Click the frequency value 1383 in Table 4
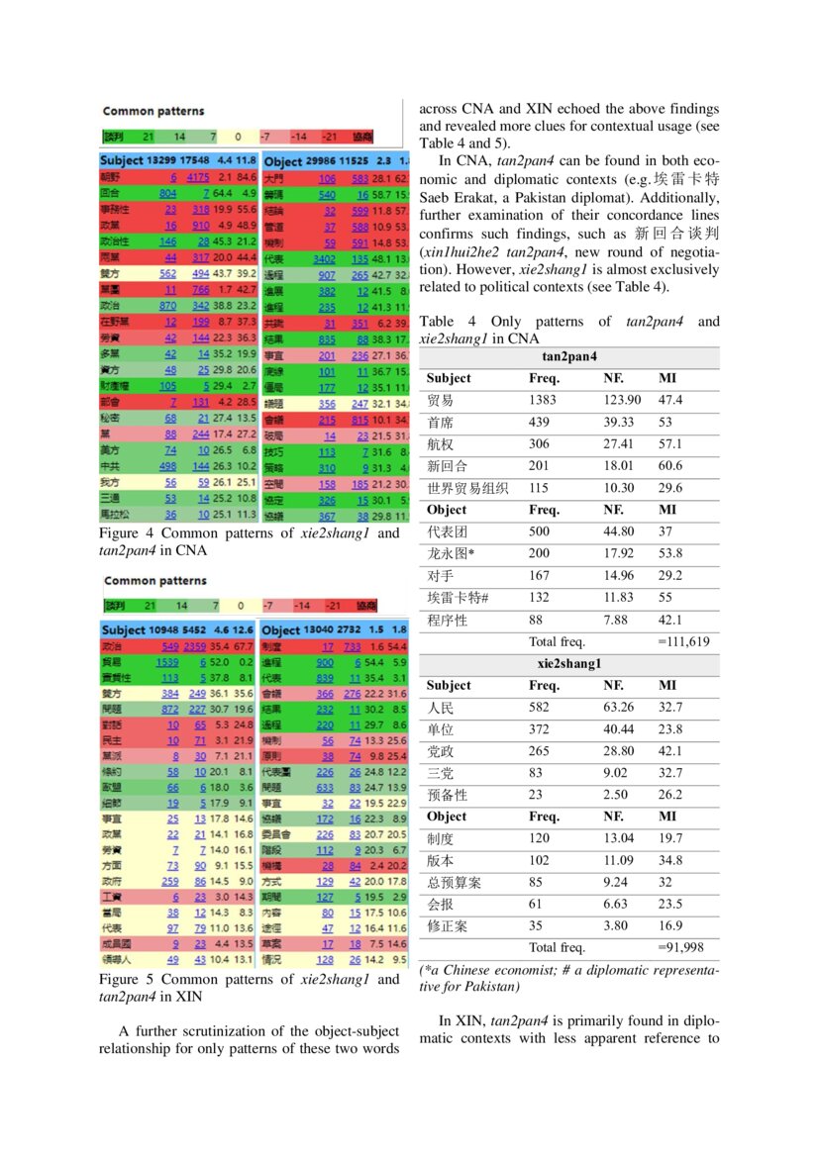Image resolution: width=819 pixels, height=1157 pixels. click(543, 400)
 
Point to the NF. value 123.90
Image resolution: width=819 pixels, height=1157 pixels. click(622, 400)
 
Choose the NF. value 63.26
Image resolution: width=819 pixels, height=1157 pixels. click(619, 708)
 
